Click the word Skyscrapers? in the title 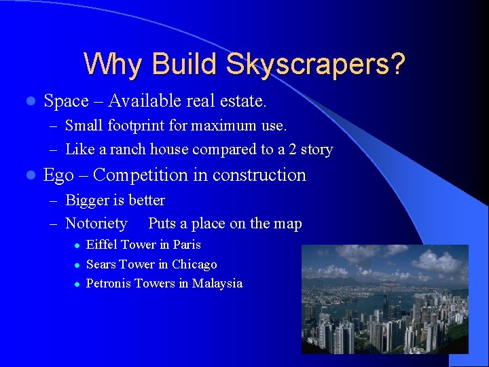[316, 65]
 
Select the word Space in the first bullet [66, 102]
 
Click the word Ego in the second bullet [58, 175]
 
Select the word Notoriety [96, 224]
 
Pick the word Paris [187, 245]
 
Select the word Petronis [109, 283]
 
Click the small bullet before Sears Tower [78, 265]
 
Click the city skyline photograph [384, 299]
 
